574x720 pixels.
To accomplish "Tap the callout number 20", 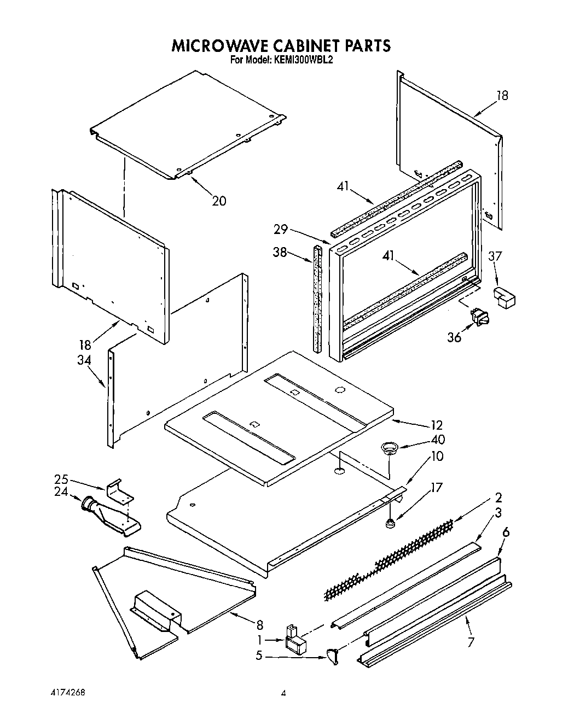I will (219, 201).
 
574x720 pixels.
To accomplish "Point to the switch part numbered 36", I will (480, 318).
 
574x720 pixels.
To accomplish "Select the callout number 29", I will (281, 230).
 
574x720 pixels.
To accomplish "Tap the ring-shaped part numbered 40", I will (390, 448).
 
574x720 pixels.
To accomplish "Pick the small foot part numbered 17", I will (391, 524).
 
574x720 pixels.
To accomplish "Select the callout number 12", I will (436, 425).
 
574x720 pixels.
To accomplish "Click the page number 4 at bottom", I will (283, 693).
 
